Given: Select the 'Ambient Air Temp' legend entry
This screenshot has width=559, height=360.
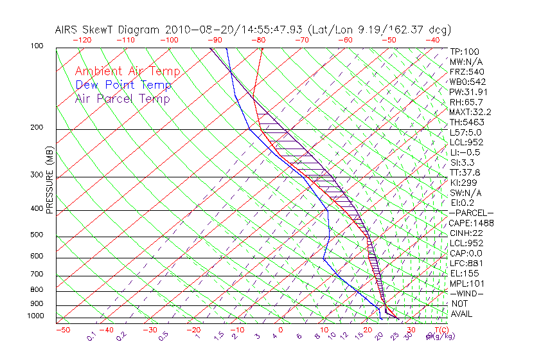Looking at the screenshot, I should click(127, 71).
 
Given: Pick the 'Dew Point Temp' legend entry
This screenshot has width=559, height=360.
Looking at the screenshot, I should click(123, 85).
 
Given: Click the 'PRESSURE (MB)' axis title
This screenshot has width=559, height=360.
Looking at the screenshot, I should click(49, 181).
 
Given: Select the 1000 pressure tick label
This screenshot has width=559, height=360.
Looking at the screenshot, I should click(36, 316).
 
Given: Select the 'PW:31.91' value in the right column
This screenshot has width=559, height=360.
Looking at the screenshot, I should click(468, 92).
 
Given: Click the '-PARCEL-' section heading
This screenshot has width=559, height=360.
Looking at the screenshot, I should click(471, 213).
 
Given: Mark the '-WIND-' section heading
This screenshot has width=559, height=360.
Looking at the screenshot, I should click(466, 294).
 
